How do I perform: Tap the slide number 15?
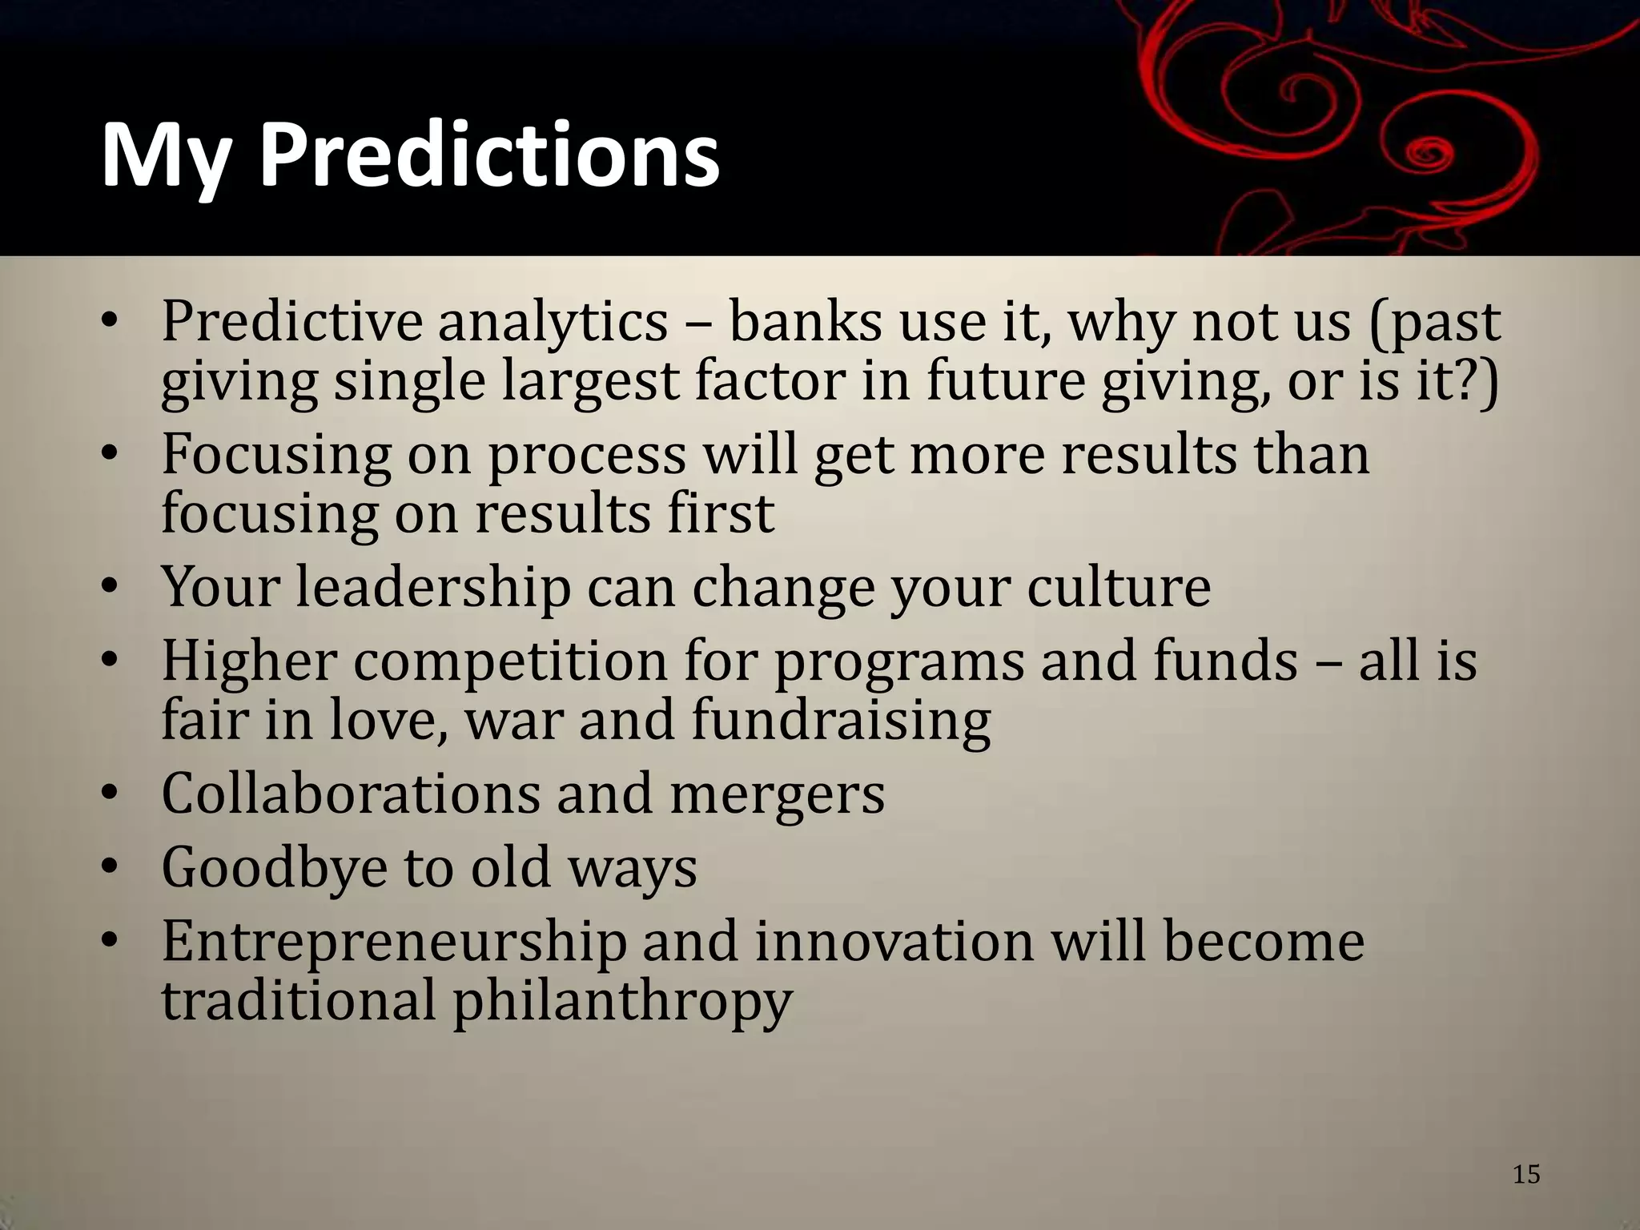coord(1526,1174)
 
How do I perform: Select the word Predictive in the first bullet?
coord(292,322)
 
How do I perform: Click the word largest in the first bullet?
coord(590,382)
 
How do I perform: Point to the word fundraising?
coord(841,720)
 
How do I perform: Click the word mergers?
coord(777,795)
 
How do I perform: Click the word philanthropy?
coord(622,1002)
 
